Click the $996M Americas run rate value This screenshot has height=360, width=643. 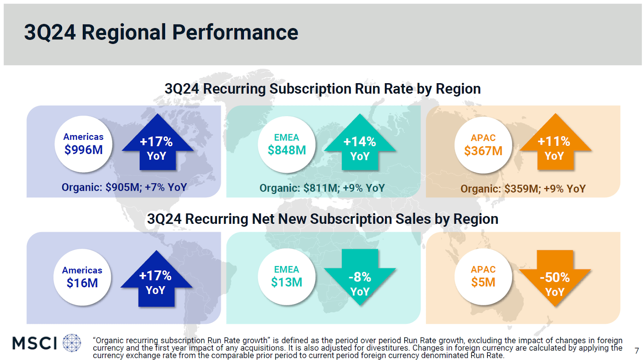tap(84, 150)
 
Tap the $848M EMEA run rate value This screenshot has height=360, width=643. tap(287, 150)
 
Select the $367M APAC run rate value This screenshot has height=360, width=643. tap(483, 151)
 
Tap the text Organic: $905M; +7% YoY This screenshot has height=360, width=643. tap(124, 187)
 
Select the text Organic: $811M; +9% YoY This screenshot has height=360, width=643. tap(322, 188)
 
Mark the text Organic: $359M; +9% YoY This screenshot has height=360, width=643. tap(523, 189)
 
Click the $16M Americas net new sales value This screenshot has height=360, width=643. tap(82, 283)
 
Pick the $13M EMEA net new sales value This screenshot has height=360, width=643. tap(287, 282)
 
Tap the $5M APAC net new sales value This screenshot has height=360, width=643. tap(483, 282)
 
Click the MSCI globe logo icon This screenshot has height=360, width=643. tap(72, 343)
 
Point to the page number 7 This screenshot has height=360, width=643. tap(637, 351)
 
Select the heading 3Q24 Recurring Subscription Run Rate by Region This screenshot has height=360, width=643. tap(322, 89)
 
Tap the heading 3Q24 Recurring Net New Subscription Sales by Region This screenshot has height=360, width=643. tap(322, 219)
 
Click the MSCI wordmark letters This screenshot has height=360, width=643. tap(35, 344)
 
